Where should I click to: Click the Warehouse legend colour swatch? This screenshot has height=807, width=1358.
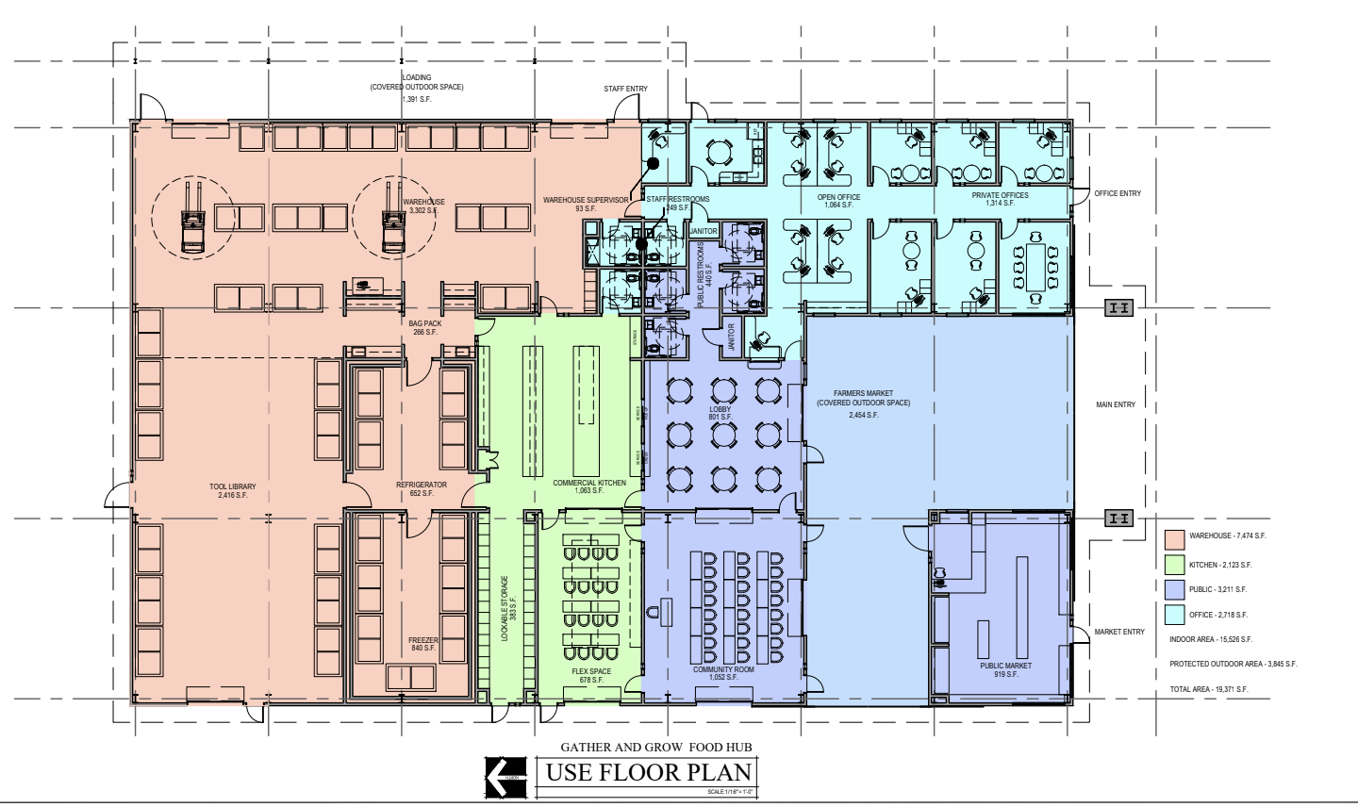pyautogui.click(x=1174, y=540)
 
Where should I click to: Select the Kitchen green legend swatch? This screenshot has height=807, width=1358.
pyautogui.click(x=1174, y=565)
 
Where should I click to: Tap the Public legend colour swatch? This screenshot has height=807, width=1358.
pyautogui.click(x=1174, y=589)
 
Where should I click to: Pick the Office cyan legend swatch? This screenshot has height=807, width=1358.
pyautogui.click(x=1174, y=615)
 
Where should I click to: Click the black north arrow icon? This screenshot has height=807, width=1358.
pyautogui.click(x=505, y=776)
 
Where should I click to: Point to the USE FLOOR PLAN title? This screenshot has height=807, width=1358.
pyautogui.click(x=649, y=773)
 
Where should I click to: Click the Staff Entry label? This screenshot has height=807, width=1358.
pyautogui.click(x=625, y=90)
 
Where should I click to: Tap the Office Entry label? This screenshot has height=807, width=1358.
pyautogui.click(x=1118, y=193)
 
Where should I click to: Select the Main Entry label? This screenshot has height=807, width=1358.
pyautogui.click(x=1116, y=404)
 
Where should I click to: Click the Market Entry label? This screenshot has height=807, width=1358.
pyautogui.click(x=1119, y=632)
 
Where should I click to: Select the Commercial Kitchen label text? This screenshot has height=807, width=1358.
pyautogui.click(x=589, y=483)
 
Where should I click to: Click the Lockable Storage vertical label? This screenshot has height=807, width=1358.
pyautogui.click(x=505, y=608)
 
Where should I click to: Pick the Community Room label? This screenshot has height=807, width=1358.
pyautogui.click(x=723, y=670)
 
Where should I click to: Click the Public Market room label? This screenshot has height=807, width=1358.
pyautogui.click(x=1005, y=666)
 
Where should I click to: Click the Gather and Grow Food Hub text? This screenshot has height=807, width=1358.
pyautogui.click(x=656, y=748)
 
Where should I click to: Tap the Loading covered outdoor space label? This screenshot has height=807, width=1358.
pyautogui.click(x=416, y=83)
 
